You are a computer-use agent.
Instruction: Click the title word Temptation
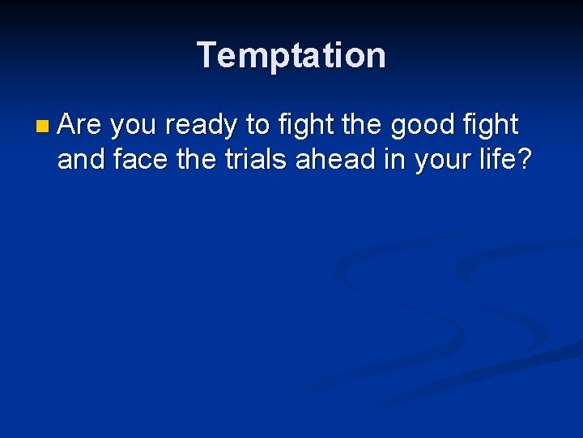click(291, 55)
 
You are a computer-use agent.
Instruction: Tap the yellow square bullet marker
click(42, 127)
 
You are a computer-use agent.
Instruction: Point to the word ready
click(202, 127)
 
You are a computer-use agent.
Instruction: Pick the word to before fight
click(257, 126)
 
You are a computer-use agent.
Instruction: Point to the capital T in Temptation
click(208, 55)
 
